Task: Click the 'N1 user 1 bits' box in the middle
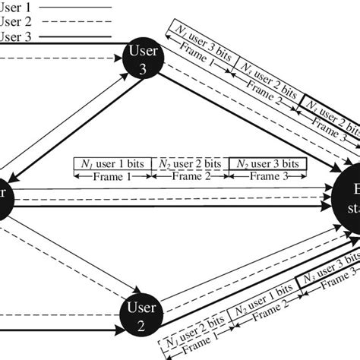[112, 163]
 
